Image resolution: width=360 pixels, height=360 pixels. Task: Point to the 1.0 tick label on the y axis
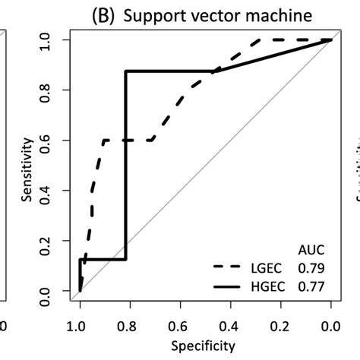(51, 39)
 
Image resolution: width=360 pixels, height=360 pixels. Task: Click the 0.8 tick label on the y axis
(51, 90)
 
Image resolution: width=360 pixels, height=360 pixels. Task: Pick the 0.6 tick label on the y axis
(51, 141)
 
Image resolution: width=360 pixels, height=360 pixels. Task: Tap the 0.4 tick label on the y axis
(51, 191)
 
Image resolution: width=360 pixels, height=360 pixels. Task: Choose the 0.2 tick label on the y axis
(51, 241)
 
